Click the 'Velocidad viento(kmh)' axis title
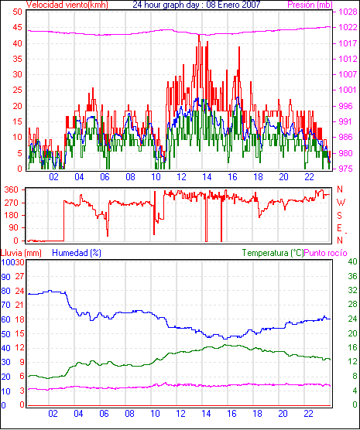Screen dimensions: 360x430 67,5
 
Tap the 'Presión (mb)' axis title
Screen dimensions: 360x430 310,5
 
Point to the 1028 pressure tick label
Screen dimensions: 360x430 348,12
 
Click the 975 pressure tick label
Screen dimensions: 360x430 348,169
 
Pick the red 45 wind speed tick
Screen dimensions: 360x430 17,27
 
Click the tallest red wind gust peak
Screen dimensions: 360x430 199,36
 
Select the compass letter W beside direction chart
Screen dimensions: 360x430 341,203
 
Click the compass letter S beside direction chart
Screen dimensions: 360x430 340,216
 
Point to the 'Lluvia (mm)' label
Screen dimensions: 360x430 21,253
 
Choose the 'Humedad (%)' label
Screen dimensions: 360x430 77,253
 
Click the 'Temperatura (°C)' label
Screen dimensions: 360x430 273,253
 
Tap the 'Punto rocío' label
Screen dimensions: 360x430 326,253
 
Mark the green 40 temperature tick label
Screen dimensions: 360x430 352,261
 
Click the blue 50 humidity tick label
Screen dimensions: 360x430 5,334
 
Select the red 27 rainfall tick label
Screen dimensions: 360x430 19,276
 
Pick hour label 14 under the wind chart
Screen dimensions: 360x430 207,177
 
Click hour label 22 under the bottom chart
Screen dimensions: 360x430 308,413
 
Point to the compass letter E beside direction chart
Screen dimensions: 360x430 339,228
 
